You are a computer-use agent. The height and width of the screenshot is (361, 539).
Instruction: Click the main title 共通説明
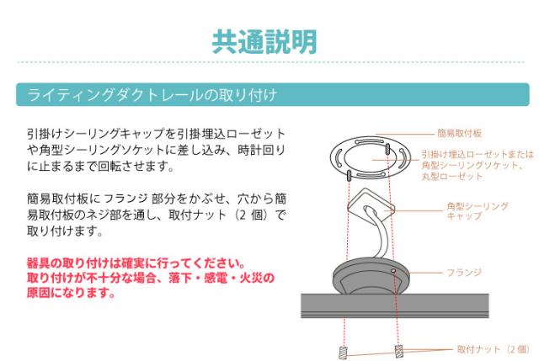[264, 42]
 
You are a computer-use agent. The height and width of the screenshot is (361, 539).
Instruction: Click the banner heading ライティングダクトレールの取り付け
[152, 95]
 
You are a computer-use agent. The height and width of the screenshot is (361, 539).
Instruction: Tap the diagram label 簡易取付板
[459, 133]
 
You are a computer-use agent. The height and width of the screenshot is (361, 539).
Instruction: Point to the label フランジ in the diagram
[464, 273]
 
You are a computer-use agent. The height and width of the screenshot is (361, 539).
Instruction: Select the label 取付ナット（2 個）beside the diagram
[493, 349]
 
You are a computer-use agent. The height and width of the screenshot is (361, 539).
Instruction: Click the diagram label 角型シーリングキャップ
[478, 211]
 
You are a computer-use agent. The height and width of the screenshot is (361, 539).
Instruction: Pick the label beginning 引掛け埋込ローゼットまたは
[478, 165]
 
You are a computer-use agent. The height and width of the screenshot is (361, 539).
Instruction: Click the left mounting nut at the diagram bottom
[343, 353]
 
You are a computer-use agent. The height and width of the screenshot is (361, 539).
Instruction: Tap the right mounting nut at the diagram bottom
[398, 351]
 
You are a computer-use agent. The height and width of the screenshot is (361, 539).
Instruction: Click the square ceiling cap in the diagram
[371, 203]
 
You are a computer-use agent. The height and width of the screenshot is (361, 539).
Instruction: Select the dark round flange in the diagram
[371, 277]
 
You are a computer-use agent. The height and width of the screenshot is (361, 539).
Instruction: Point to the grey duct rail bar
[395, 305]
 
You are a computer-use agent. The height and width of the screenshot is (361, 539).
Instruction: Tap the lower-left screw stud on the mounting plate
[350, 176]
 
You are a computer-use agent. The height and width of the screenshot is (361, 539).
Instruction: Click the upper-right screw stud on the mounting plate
[387, 150]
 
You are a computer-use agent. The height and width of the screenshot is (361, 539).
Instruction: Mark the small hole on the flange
[393, 271]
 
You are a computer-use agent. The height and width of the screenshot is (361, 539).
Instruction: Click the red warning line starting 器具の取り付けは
[136, 263]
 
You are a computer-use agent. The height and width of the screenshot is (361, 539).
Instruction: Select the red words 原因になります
[71, 292]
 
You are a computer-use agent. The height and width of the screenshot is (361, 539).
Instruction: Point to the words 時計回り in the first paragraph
[262, 150]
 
